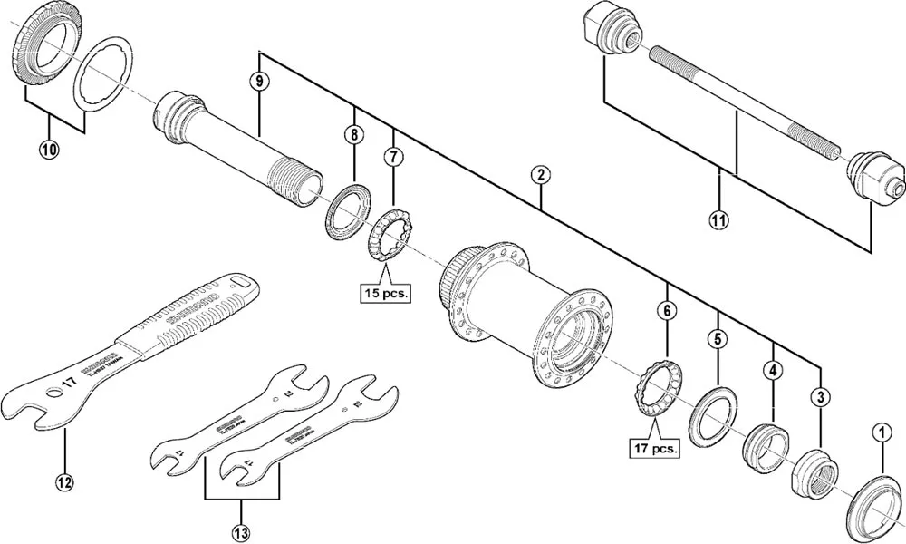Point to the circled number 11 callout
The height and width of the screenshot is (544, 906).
point(718,219)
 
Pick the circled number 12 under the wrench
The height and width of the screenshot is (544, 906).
point(63,482)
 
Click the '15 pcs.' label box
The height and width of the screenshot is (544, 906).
point(384,294)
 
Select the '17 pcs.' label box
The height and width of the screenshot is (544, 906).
point(652,448)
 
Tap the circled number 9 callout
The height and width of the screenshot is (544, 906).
point(259,82)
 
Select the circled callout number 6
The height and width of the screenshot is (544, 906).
point(667,311)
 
